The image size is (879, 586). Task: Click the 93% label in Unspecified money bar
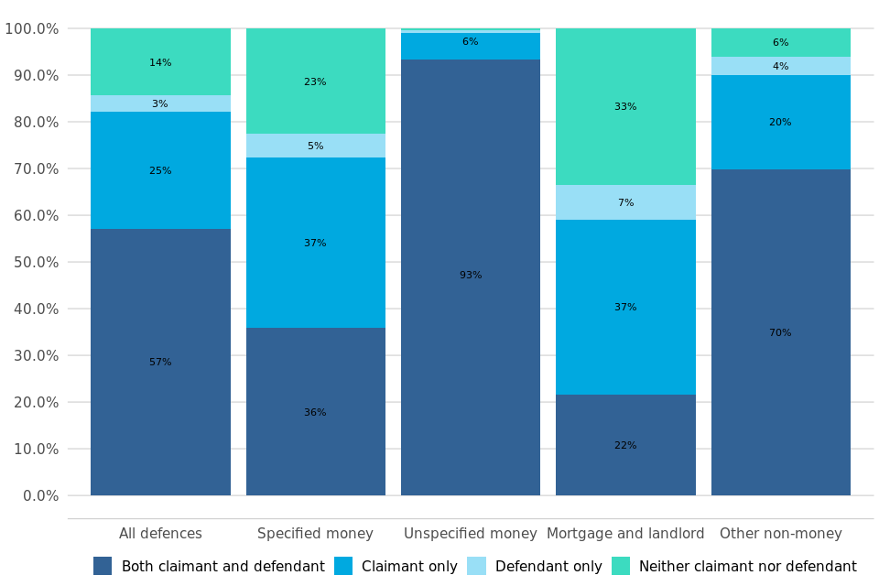tap(471, 276)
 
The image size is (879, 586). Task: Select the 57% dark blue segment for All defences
tap(160, 362)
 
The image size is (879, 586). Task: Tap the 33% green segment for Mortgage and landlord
tap(625, 106)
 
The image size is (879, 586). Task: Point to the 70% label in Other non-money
tap(780, 333)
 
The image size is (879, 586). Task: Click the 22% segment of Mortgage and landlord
tap(625, 445)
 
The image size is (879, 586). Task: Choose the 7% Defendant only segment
tap(625, 202)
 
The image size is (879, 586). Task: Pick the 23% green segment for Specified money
tap(315, 81)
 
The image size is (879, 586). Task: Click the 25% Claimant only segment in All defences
tap(160, 170)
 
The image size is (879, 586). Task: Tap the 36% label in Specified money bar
tap(315, 413)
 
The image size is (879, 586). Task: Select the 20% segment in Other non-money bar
tap(780, 122)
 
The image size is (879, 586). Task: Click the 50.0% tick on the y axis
tap(33, 262)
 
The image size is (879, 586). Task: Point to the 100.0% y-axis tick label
tap(31, 28)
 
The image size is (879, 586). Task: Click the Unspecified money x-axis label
tap(471, 534)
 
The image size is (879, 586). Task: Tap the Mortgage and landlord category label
tap(625, 534)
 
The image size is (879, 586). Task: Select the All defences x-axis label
tap(160, 534)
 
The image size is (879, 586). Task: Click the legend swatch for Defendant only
tap(476, 566)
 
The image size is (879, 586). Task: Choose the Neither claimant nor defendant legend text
tap(747, 567)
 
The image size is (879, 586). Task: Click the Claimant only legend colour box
tap(343, 566)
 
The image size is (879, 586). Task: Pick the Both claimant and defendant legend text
tap(222, 567)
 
